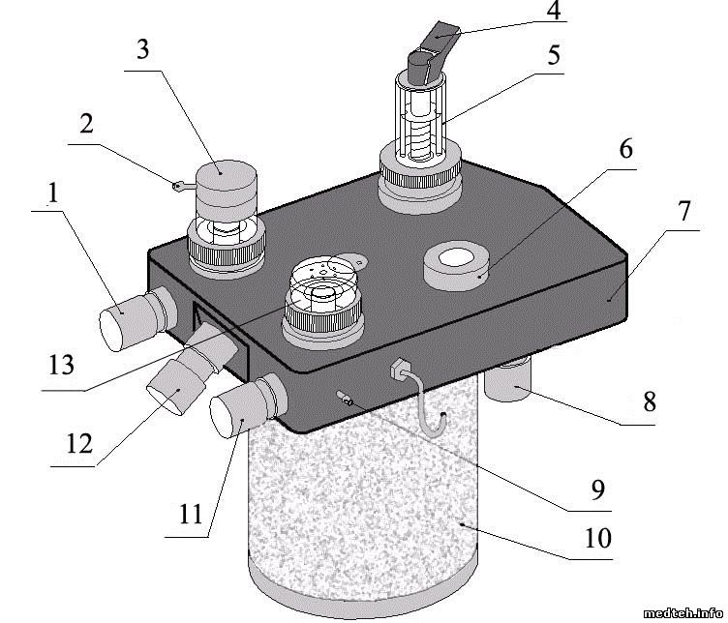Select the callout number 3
[x=142, y=49]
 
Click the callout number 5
[x=553, y=55]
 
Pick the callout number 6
[x=625, y=150]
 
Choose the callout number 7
[x=683, y=213]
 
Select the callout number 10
[x=599, y=538]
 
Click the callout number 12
[x=79, y=444]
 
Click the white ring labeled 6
[x=455, y=262]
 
